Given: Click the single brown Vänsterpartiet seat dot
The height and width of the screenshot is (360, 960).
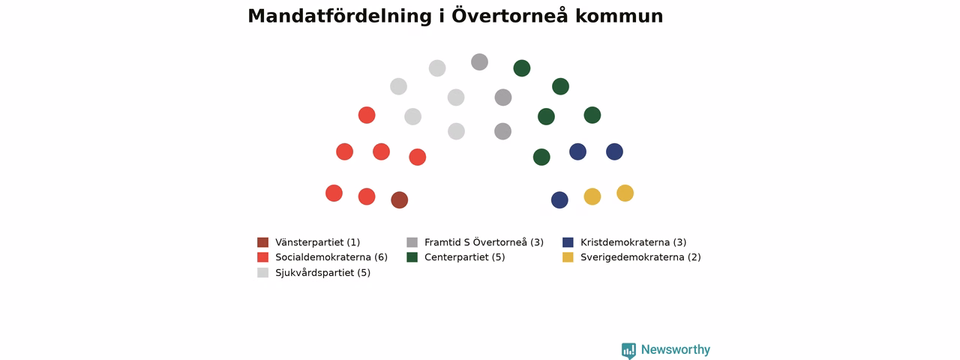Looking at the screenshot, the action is coord(400,200).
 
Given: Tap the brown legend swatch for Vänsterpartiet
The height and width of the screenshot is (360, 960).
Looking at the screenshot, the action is coord(262,242).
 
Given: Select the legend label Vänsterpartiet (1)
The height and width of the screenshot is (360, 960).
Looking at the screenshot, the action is coord(317,242).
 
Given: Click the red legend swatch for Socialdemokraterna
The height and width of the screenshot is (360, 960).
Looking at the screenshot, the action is coord(262,257).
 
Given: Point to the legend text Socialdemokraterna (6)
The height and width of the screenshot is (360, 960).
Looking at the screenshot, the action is coord(331,257).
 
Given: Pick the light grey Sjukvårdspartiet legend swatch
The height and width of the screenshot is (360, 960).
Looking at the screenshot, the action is coord(262,272).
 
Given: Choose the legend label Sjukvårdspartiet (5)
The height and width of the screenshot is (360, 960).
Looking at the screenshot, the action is coord(322,272).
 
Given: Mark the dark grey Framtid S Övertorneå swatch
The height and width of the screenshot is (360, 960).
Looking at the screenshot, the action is coord(412,242).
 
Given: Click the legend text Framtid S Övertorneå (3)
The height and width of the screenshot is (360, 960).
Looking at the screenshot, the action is coord(484,242).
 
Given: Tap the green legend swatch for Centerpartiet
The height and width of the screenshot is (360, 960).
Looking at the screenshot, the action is coord(412,257).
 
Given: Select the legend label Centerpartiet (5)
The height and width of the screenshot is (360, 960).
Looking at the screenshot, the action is coord(464,257).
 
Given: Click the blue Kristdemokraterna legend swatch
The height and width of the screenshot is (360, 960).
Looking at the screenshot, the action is coord(568,242).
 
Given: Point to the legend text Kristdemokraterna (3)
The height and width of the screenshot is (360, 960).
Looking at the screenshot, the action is coord(634,242).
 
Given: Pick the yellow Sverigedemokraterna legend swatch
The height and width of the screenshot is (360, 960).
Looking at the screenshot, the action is coord(568,257).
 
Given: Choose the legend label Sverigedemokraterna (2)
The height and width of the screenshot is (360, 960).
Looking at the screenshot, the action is coord(640,257).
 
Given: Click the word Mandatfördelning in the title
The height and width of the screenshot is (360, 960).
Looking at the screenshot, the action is coord(340,16).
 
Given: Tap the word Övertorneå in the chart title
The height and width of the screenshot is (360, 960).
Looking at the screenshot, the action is coord(509,16).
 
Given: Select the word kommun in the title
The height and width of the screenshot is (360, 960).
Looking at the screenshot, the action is coord(619,16).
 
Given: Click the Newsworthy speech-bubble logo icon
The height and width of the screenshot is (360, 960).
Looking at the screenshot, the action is coord(628,350).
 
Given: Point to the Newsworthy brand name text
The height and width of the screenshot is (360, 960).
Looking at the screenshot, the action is coord(676,349).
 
